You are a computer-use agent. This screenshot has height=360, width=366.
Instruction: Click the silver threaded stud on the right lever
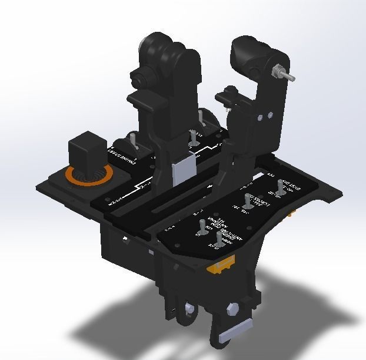pos(285,73)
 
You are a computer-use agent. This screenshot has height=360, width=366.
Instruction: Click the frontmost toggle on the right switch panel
pos(219,239)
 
